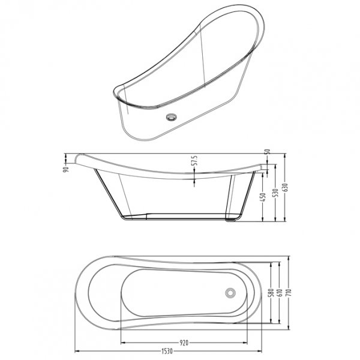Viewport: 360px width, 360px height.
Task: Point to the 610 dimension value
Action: [x=280, y=293]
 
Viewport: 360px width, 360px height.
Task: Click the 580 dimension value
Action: [x=271, y=293]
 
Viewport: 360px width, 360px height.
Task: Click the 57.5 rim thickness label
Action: [x=193, y=162]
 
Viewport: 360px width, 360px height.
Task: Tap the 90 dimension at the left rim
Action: [x=67, y=167]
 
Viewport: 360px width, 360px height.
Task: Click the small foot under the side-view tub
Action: [x=231, y=220]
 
